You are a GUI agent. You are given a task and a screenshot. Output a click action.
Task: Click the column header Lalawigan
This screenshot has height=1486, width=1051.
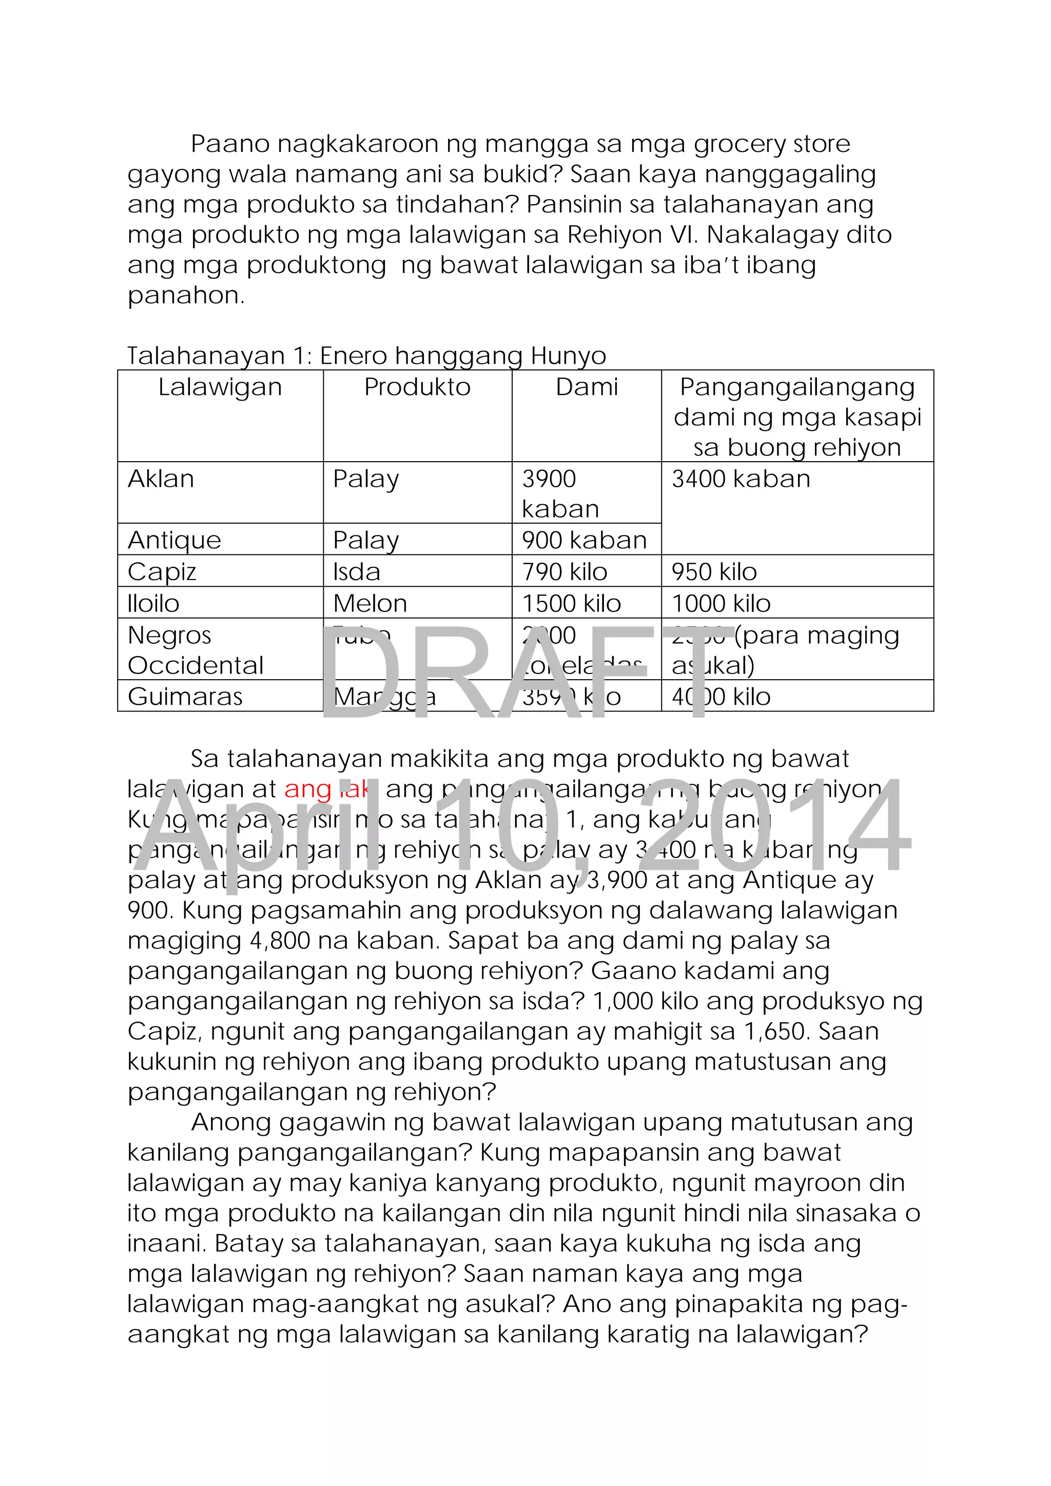[x=220, y=387]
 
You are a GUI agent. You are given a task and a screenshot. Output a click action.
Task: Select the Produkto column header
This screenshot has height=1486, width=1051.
[x=417, y=387]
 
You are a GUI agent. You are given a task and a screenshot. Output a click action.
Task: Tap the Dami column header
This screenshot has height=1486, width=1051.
[x=587, y=387]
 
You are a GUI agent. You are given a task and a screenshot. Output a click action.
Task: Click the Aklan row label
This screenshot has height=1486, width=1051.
[x=161, y=479]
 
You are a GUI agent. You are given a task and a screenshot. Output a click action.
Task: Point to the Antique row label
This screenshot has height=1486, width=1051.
[x=174, y=540]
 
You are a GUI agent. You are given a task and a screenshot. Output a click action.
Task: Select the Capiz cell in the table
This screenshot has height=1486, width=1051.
[x=162, y=571]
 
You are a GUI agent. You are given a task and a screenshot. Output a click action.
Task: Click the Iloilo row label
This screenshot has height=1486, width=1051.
[x=153, y=603]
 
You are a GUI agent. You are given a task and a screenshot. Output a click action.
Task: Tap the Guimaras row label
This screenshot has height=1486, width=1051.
[x=185, y=697]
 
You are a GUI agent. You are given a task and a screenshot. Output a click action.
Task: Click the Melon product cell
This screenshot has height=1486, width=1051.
[x=370, y=603]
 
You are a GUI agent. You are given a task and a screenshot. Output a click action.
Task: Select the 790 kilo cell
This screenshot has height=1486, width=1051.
[x=565, y=571]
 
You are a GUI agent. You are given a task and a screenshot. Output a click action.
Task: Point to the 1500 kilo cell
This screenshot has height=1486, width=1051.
[x=572, y=603]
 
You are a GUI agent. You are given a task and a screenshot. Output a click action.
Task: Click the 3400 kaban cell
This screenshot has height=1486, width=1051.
[x=741, y=479]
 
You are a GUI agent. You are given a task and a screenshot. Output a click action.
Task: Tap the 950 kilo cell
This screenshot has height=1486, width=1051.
[x=714, y=571]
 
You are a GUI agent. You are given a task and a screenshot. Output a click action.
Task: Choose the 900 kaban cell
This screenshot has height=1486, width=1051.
[x=585, y=540]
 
